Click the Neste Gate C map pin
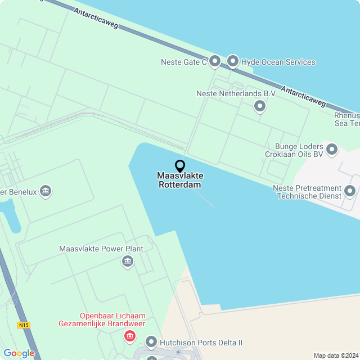click(x=214, y=61)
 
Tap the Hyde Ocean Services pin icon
click(x=233, y=61)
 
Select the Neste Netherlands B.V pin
click(x=259, y=105)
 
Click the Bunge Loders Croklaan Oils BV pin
click(x=332, y=150)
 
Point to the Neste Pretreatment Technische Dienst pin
click(x=350, y=191)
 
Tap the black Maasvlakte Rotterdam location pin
click(x=180, y=166)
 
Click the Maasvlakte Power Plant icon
click(x=128, y=261)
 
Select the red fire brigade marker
click(x=130, y=336)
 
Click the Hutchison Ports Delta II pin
click(x=151, y=341)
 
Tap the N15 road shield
click(x=23, y=325)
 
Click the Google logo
click(x=19, y=353)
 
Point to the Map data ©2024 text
click(x=336, y=355)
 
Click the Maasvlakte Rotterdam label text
click(x=180, y=180)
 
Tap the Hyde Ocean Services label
click(x=278, y=62)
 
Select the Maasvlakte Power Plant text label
click(x=101, y=249)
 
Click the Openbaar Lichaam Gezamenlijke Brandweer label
click(x=102, y=319)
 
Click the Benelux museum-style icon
click(x=46, y=191)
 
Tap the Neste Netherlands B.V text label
click(x=236, y=93)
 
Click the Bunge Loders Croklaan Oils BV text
click(x=295, y=150)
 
